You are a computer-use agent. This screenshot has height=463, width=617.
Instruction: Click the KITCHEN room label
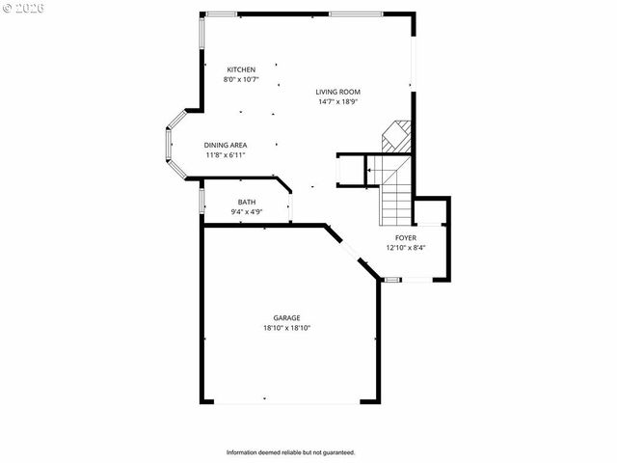pos(241,69)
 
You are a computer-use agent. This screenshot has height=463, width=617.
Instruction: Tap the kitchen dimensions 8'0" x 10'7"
pos(241,79)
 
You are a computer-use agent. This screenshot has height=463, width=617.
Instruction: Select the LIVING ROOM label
pos(337,92)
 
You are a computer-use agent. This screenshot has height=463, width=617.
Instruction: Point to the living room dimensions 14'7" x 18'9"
pos(337,101)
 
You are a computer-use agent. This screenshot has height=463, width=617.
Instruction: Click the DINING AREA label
pos(226,145)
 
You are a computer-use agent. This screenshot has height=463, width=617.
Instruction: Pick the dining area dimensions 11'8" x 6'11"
pos(226,154)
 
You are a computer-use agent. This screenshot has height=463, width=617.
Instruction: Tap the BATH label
pos(247,202)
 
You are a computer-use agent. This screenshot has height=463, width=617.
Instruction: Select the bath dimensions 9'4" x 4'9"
pos(247,211)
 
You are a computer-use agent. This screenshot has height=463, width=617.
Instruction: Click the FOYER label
pos(406,237)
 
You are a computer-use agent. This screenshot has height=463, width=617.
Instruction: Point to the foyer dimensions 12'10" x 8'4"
pos(406,247)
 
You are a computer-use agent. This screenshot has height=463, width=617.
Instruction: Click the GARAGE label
pos(286,317)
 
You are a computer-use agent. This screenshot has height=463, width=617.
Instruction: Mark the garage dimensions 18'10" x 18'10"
pos(286,327)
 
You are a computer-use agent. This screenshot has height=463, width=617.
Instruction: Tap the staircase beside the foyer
pos(395,188)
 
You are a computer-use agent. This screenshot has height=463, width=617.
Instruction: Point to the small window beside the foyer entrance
pos(392,280)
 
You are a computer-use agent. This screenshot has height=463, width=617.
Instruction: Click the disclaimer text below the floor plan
pos(291,452)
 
